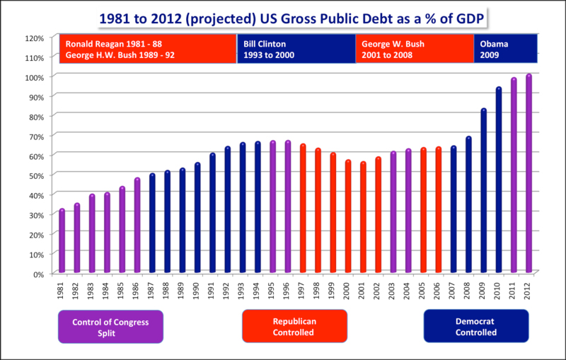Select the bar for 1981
(62, 241)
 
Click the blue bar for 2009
(483, 191)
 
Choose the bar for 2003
(393, 212)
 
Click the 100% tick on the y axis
(35, 76)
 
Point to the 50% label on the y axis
(35, 175)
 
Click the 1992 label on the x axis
(228, 291)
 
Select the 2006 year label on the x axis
(439, 291)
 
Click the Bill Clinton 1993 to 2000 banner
(296, 48)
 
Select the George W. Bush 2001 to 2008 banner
(415, 48)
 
